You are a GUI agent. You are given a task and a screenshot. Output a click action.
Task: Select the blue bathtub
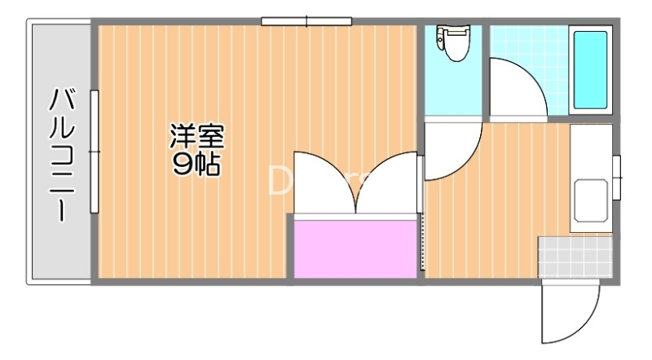[590, 70]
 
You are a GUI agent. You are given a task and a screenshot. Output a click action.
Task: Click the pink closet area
[355, 248]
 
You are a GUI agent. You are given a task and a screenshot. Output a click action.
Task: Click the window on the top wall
[306, 21]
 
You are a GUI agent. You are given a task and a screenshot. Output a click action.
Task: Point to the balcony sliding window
[95, 151]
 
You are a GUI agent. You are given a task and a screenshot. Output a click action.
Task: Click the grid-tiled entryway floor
[574, 256]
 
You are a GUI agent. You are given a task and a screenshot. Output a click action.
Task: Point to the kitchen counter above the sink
[591, 151]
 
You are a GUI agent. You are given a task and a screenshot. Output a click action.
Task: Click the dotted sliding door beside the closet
[422, 244]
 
